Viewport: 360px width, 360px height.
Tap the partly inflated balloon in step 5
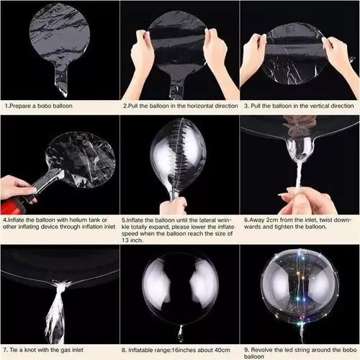pyautogui.click(x=179, y=155)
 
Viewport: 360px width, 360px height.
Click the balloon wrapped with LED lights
pyautogui.click(x=299, y=292)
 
